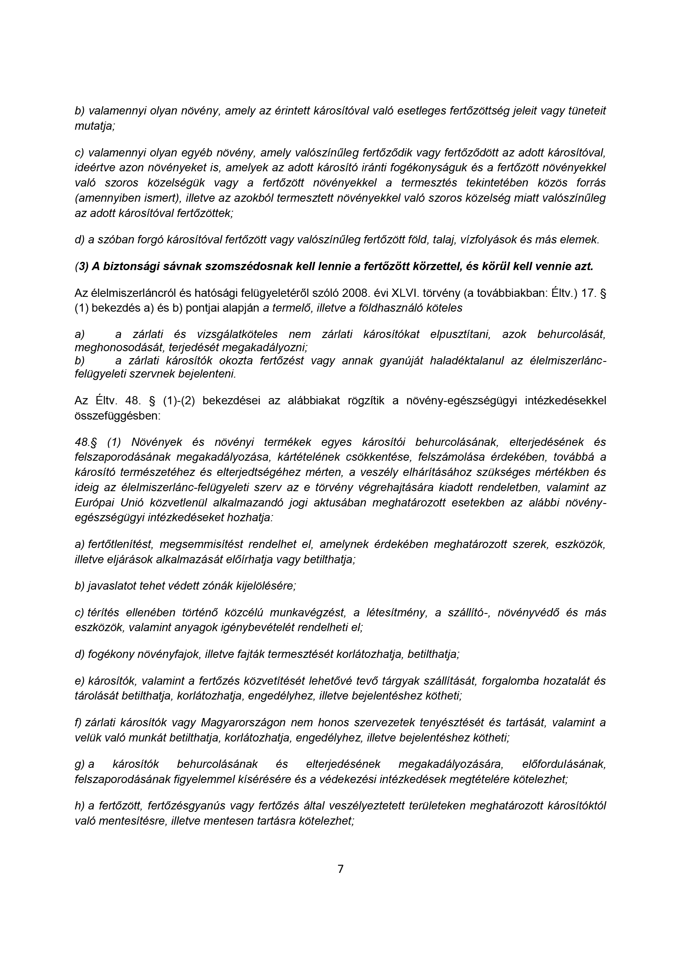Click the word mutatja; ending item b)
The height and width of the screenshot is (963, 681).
pos(95,126)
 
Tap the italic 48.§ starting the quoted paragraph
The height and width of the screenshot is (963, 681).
pos(88,442)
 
